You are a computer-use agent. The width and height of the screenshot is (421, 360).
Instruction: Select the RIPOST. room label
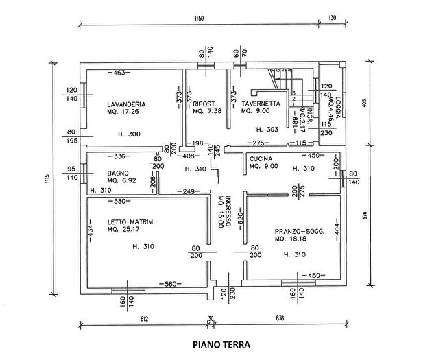[204, 104]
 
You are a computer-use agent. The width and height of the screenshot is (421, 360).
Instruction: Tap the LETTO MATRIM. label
[134, 222]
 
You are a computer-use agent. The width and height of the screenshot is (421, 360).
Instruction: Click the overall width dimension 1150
[200, 19]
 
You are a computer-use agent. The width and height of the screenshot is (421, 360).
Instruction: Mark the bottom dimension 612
[142, 319]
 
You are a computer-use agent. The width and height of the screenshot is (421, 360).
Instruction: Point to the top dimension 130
[333, 19]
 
